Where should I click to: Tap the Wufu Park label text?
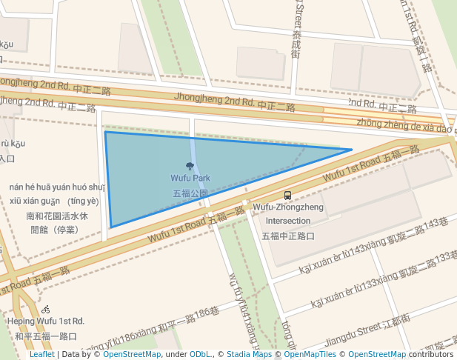pos(190,179)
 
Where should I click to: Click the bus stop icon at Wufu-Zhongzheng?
pos(288,196)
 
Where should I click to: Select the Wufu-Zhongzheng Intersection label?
pos(288,214)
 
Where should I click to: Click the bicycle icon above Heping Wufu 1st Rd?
pos(46,309)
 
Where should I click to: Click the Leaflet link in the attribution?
pos(41,355)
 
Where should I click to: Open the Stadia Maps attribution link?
pos(249,355)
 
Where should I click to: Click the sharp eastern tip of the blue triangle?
pos(351,150)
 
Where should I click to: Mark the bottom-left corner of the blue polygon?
pos(111,227)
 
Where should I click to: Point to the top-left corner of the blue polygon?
pos(105,133)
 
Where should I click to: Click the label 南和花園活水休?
pos(57,216)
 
